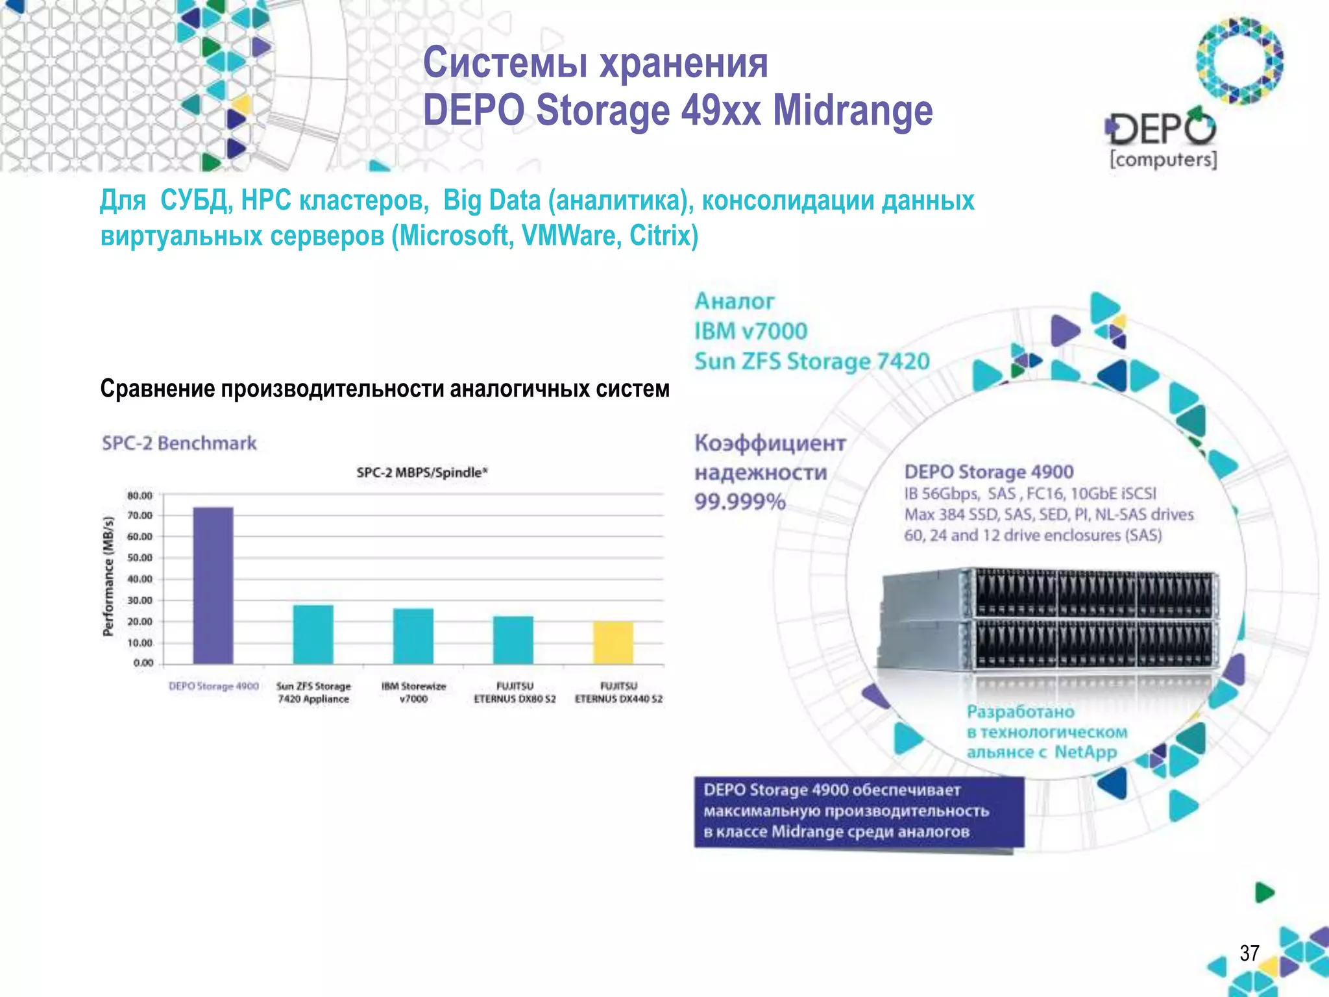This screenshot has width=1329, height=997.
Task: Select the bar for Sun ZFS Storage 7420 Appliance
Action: [313, 634]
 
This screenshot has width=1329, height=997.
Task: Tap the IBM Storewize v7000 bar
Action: [413, 636]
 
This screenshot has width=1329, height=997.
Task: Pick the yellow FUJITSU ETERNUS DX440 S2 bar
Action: [613, 643]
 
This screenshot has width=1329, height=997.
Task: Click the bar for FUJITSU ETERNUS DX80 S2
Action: [513, 640]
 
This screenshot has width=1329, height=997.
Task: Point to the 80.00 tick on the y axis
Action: [140, 495]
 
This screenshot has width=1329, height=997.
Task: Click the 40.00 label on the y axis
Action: [140, 579]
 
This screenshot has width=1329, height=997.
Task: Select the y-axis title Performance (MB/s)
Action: [108, 576]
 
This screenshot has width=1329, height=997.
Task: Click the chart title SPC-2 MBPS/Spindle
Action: [422, 473]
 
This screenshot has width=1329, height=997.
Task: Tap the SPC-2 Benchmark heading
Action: [179, 443]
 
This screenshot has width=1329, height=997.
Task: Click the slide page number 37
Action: [1249, 953]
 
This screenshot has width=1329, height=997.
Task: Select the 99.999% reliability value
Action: [740, 502]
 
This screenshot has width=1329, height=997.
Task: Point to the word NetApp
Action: [1085, 752]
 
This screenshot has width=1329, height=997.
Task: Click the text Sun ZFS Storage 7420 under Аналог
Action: [812, 361]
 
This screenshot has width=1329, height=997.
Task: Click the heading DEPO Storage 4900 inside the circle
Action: [988, 472]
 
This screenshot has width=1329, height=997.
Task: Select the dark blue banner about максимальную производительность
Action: [859, 811]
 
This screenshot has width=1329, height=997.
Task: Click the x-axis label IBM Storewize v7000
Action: [413, 693]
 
